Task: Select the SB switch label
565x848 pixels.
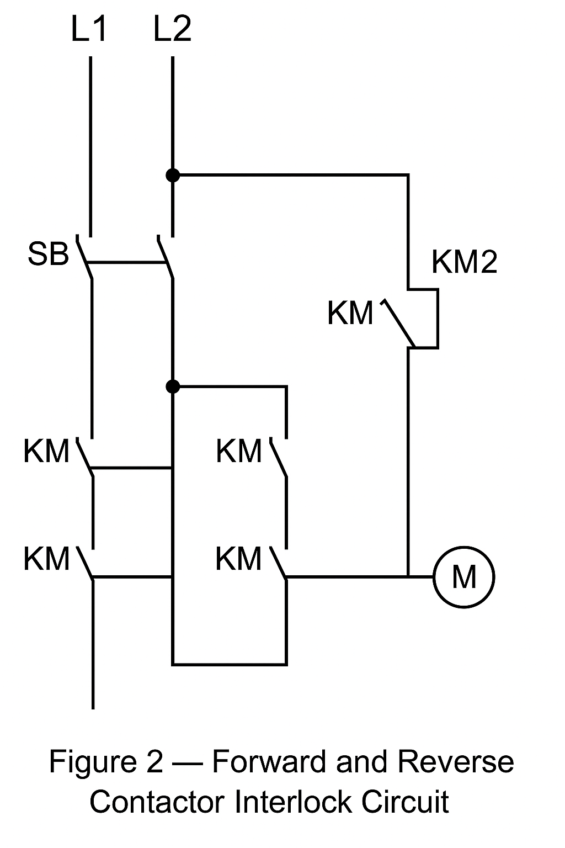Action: click(49, 255)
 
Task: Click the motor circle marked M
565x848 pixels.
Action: click(463, 577)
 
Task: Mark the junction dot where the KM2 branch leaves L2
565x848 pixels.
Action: click(173, 176)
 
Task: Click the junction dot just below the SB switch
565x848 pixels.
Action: click(173, 386)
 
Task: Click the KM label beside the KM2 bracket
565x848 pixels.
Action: click(350, 313)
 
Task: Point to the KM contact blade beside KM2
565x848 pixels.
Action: click(398, 324)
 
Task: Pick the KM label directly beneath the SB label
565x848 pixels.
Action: click(46, 451)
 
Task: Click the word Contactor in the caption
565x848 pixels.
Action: click(158, 802)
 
